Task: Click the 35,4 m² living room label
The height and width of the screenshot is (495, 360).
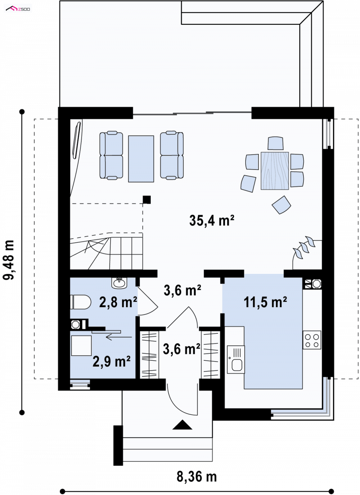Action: click(211, 220)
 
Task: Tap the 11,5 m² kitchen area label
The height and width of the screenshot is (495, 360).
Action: click(265, 302)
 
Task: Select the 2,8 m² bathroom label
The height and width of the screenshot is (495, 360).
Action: click(118, 302)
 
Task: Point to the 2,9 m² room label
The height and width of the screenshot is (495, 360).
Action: click(112, 361)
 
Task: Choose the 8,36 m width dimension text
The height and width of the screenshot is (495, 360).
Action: click(197, 477)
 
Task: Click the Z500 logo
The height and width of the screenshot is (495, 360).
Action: click(18, 9)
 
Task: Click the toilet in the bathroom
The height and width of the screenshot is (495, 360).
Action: click(81, 302)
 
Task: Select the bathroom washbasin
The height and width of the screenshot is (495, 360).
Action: click(119, 282)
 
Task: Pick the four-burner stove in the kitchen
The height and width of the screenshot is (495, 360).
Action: click(312, 340)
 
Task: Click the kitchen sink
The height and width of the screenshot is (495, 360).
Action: click(236, 359)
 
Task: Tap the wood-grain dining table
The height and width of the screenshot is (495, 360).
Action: click(275, 171)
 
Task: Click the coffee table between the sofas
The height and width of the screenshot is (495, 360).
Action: click(141, 159)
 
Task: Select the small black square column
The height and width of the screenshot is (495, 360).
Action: click(147, 200)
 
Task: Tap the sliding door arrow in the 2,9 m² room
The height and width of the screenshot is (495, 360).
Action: click(119, 337)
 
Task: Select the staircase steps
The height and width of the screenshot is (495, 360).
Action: click(106, 251)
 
